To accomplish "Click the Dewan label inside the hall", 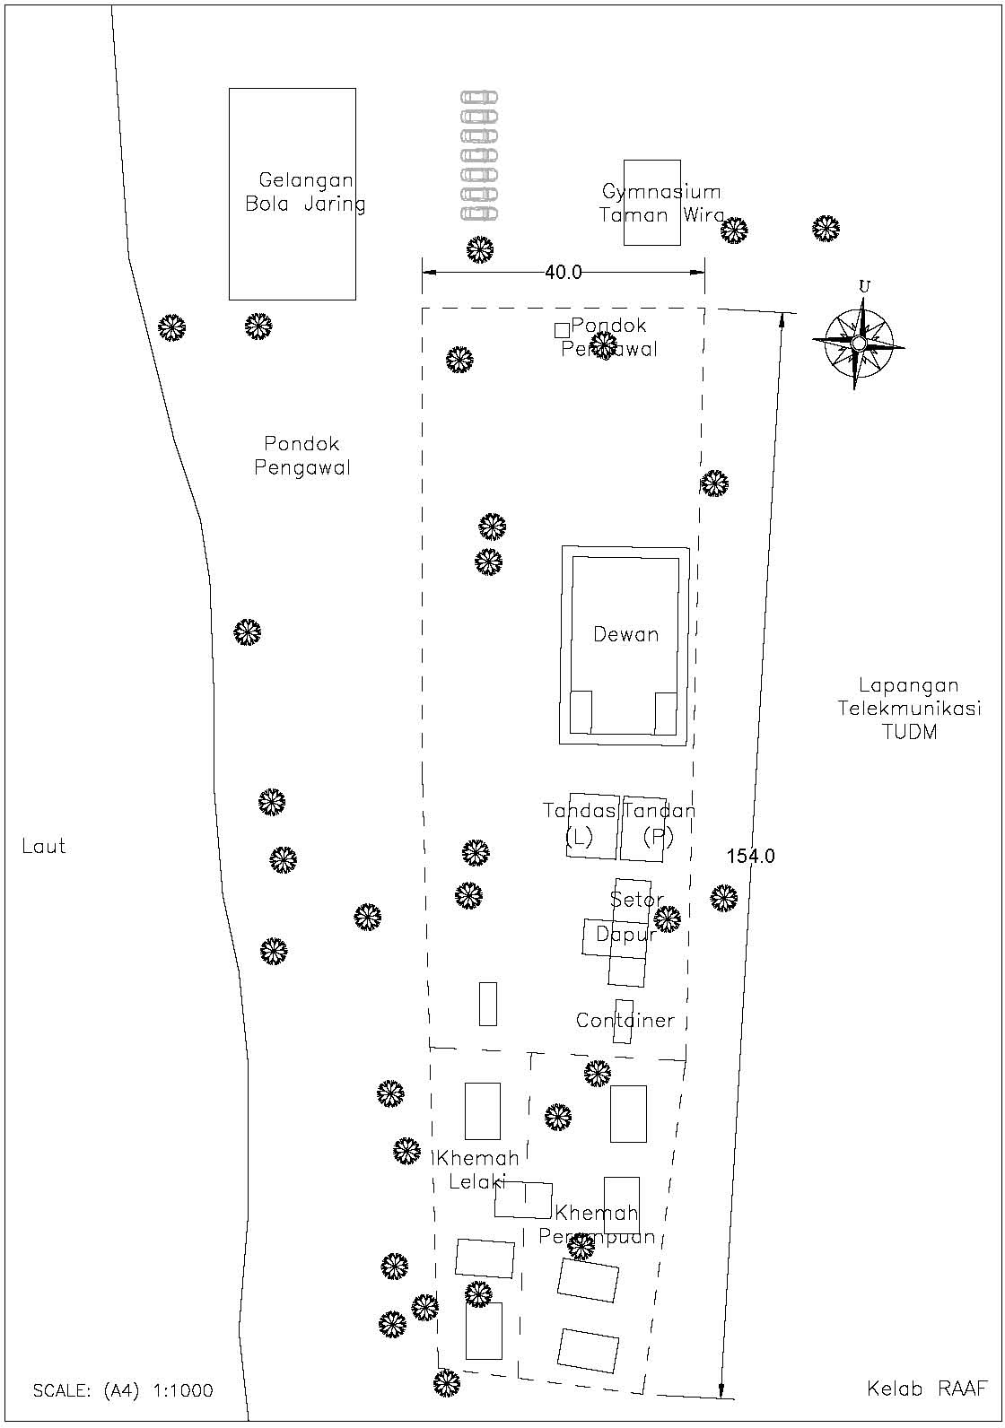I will pos(625,635).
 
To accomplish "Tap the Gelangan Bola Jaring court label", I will pos(305,192).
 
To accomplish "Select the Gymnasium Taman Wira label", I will pos(662,204).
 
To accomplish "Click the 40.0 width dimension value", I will pos(563,273).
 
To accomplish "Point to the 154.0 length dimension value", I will pos(750,857).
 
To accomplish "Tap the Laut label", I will pos(43,847).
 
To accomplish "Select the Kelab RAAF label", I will pos(927,1389).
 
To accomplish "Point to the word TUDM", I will pos(908,732).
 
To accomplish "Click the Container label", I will pos(625,1021).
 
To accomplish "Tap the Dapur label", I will pos(625,935).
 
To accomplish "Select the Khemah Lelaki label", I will pos(477,1170).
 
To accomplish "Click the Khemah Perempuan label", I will pos(597,1225).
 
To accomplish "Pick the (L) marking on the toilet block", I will pos(580,838).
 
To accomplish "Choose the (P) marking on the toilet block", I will pos(658,838).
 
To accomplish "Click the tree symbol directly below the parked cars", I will pos(480,249).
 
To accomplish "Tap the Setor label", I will pos(636,900).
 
